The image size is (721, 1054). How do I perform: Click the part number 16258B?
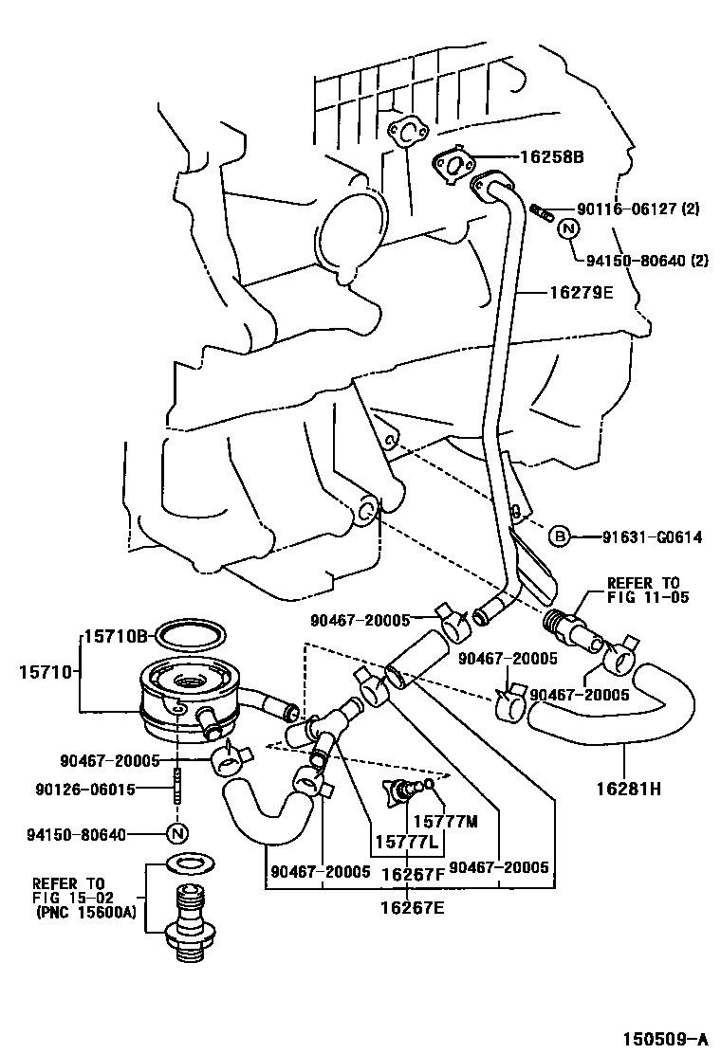pyautogui.click(x=550, y=158)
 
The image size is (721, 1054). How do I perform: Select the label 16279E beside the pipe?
pyautogui.click(x=581, y=293)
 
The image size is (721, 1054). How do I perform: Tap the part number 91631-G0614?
pyautogui.click(x=652, y=537)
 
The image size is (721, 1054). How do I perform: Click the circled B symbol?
pyautogui.click(x=560, y=537)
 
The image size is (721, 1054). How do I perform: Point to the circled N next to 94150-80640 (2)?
pyautogui.click(x=567, y=228)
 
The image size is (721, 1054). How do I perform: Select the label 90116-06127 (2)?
pyautogui.click(x=638, y=209)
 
